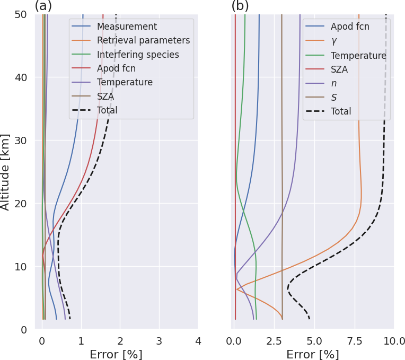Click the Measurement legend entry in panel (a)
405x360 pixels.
point(127,27)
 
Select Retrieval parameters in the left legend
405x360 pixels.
point(143,40)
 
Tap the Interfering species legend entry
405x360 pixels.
point(138,55)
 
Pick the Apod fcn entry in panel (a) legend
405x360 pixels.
point(116,68)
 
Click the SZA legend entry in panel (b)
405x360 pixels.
point(339,69)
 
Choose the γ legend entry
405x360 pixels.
point(334,41)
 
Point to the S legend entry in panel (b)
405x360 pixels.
point(334,98)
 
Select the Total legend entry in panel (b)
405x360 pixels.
point(341,111)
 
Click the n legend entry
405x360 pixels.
point(334,83)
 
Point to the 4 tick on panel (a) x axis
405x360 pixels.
point(198,341)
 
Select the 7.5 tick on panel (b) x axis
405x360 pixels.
point(354,341)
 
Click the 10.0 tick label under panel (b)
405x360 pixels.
point(394,341)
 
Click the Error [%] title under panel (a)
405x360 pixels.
point(116,354)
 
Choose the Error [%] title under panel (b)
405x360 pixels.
point(313,354)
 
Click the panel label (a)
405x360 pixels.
point(43,6)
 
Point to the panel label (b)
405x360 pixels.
point(240,6)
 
